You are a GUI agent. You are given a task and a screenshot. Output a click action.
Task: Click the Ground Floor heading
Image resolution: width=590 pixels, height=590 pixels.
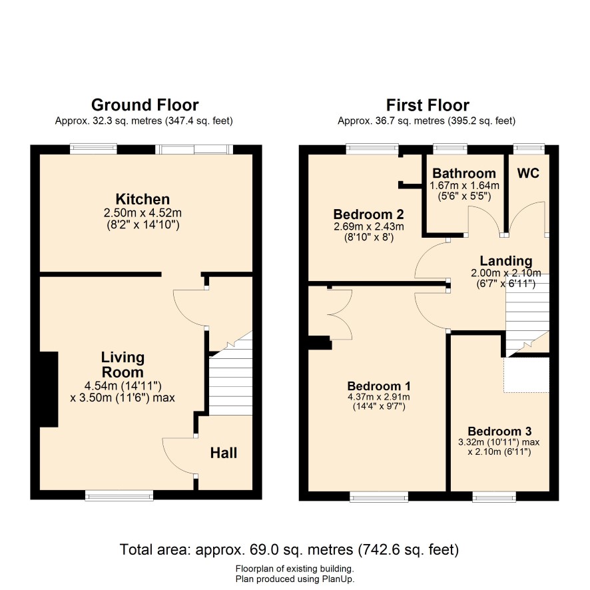pos(145,105)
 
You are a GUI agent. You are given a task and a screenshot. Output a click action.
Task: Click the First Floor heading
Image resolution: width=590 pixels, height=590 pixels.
pos(428,105)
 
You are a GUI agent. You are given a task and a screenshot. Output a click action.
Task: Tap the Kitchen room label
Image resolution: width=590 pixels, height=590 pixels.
pos(143,199)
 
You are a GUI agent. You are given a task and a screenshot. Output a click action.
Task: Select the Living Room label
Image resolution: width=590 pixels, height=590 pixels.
pos(123,365)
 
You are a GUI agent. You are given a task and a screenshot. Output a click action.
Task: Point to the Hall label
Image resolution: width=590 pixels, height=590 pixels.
pos(224,453)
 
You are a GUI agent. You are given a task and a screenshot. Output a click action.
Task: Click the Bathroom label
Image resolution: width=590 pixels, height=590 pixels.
pos(464,173)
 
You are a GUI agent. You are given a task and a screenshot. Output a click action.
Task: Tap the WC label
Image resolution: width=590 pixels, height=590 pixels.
pos(528,173)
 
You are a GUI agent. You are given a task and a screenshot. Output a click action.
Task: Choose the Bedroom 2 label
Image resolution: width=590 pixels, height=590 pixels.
pos(368,214)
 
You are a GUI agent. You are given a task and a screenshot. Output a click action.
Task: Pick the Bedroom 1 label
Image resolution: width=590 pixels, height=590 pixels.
pos(379,386)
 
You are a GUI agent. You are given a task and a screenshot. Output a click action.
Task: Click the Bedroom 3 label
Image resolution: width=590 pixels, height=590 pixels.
pos(499,431)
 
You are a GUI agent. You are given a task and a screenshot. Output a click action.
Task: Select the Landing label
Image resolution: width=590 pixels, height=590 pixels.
pos(506,261)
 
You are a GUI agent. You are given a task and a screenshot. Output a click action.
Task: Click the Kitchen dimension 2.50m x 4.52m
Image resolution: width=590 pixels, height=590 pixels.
pos(143,213)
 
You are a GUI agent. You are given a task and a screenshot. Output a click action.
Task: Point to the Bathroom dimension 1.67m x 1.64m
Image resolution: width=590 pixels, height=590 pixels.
pos(464,186)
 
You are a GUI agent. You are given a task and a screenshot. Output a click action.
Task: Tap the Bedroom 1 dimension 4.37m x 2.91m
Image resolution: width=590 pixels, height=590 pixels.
pos(379,397)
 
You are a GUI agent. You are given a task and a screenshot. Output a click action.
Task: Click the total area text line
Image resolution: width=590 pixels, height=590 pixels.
pos(289,550)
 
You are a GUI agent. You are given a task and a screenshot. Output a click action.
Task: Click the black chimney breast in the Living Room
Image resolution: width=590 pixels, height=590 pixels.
pos(49,390)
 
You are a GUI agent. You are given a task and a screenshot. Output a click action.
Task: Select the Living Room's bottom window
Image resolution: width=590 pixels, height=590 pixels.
pos(119,495)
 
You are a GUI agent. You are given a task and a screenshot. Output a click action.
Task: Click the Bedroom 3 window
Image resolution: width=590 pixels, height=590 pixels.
pos(494,497)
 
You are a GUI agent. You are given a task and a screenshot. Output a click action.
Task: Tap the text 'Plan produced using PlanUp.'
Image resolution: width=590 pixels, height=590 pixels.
pos(295,579)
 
